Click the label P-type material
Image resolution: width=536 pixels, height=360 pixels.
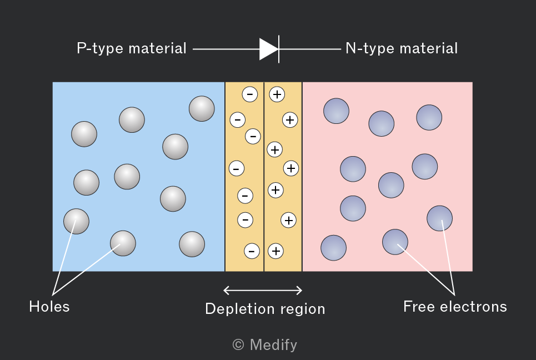click(132, 48)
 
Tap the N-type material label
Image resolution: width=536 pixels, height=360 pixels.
click(402, 48)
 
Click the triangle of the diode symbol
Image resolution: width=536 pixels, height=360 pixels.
click(269, 49)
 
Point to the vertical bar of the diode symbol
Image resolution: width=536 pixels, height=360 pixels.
click(279, 49)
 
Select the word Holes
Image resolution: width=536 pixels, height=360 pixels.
click(49, 307)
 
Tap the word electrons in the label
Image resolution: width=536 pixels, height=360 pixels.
click(473, 307)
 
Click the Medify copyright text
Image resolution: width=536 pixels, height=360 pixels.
click(264, 344)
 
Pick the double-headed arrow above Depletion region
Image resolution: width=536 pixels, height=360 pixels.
click(263, 291)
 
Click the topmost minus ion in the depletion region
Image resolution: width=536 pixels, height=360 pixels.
click(250, 94)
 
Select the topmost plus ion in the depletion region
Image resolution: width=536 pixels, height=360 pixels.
click(277, 94)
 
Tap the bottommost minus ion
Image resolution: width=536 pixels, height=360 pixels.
click(252, 251)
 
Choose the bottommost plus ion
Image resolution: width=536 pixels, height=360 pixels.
click(275, 251)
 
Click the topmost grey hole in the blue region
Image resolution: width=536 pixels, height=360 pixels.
click(202, 109)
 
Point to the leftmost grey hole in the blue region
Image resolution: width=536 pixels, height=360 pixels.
click(76, 222)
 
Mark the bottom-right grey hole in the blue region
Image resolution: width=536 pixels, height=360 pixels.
click(192, 244)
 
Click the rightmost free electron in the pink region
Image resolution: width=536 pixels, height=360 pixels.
click(439, 218)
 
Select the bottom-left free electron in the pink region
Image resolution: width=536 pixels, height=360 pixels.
click(333, 248)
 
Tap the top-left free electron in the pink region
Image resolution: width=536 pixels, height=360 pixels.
click(336, 111)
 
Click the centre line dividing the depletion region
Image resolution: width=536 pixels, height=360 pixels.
click(264, 177)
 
